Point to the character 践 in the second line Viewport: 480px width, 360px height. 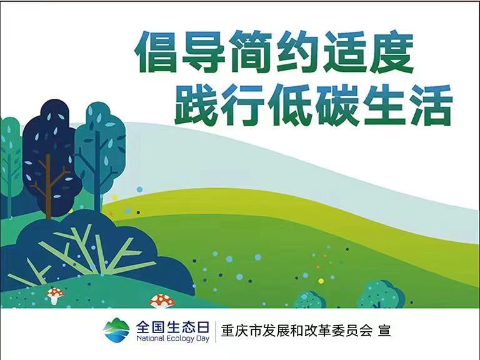tap(196, 104)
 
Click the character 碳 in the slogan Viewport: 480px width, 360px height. tap(337, 104)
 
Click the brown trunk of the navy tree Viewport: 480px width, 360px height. tap(48, 187)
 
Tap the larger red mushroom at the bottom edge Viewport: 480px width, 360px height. tap(162, 301)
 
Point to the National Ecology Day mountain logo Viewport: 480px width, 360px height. tap(116, 330)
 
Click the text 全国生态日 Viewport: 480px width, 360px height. tap(172, 327)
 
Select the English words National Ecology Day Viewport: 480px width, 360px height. tap(172, 339)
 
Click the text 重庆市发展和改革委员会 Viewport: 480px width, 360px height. tap(296, 331)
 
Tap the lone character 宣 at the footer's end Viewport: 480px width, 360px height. tap(384, 331)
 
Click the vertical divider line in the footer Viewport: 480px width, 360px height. tap(215, 331)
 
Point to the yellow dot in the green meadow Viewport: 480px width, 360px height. tap(321, 281)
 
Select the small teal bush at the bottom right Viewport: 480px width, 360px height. tap(381, 294)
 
